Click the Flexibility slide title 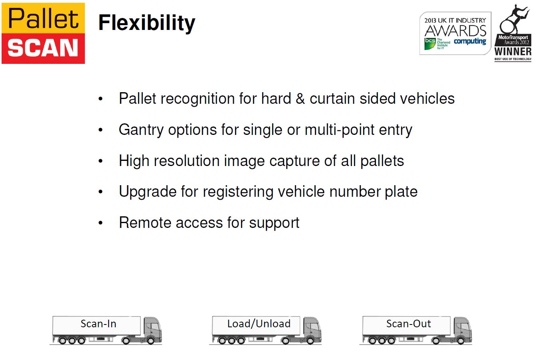click(x=147, y=23)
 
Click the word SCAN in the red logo click(x=43, y=48)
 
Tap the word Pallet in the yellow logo click(x=44, y=18)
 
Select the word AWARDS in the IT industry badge click(x=455, y=31)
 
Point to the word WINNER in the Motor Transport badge click(x=513, y=51)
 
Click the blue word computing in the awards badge click(x=470, y=42)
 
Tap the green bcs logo click(x=430, y=44)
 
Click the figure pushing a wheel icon click(x=513, y=20)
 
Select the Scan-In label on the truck click(x=99, y=324)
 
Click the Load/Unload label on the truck click(x=259, y=324)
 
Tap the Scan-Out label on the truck click(x=409, y=324)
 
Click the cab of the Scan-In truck click(x=152, y=328)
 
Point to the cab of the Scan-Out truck click(x=463, y=328)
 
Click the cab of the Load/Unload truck click(x=312, y=328)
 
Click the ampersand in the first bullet click(x=300, y=99)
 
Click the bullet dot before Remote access click(x=101, y=223)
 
